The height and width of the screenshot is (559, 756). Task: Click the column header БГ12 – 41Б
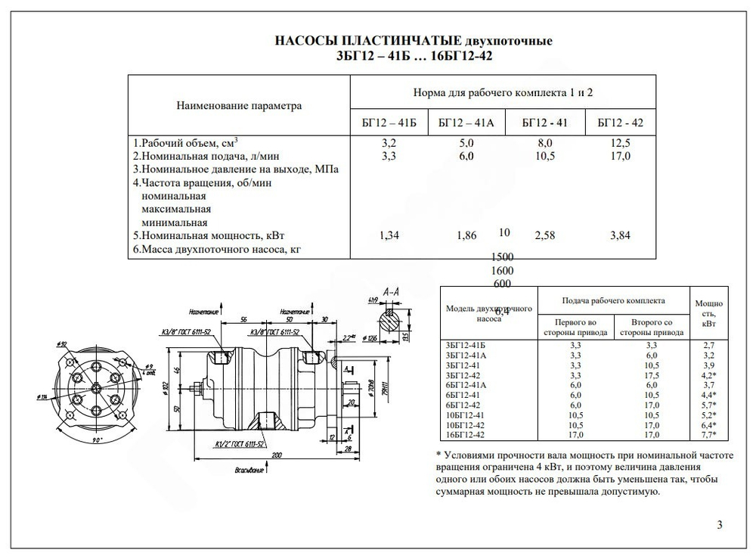(389, 122)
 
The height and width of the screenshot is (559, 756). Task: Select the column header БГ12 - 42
(620, 122)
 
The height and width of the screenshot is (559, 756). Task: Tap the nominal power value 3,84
(620, 235)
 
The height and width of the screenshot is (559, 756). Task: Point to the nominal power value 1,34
(389, 235)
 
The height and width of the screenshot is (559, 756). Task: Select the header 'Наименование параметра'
(239, 106)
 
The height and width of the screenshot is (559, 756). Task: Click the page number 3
(719, 525)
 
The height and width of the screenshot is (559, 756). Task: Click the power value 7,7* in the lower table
(709, 435)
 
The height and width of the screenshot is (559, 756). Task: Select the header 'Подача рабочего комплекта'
(613, 300)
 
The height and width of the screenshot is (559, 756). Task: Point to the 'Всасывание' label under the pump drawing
(249, 470)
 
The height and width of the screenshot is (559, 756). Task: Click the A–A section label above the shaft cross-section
(392, 291)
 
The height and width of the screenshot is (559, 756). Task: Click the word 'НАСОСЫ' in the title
(305, 40)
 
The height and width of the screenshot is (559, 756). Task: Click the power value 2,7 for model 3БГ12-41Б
(709, 345)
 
